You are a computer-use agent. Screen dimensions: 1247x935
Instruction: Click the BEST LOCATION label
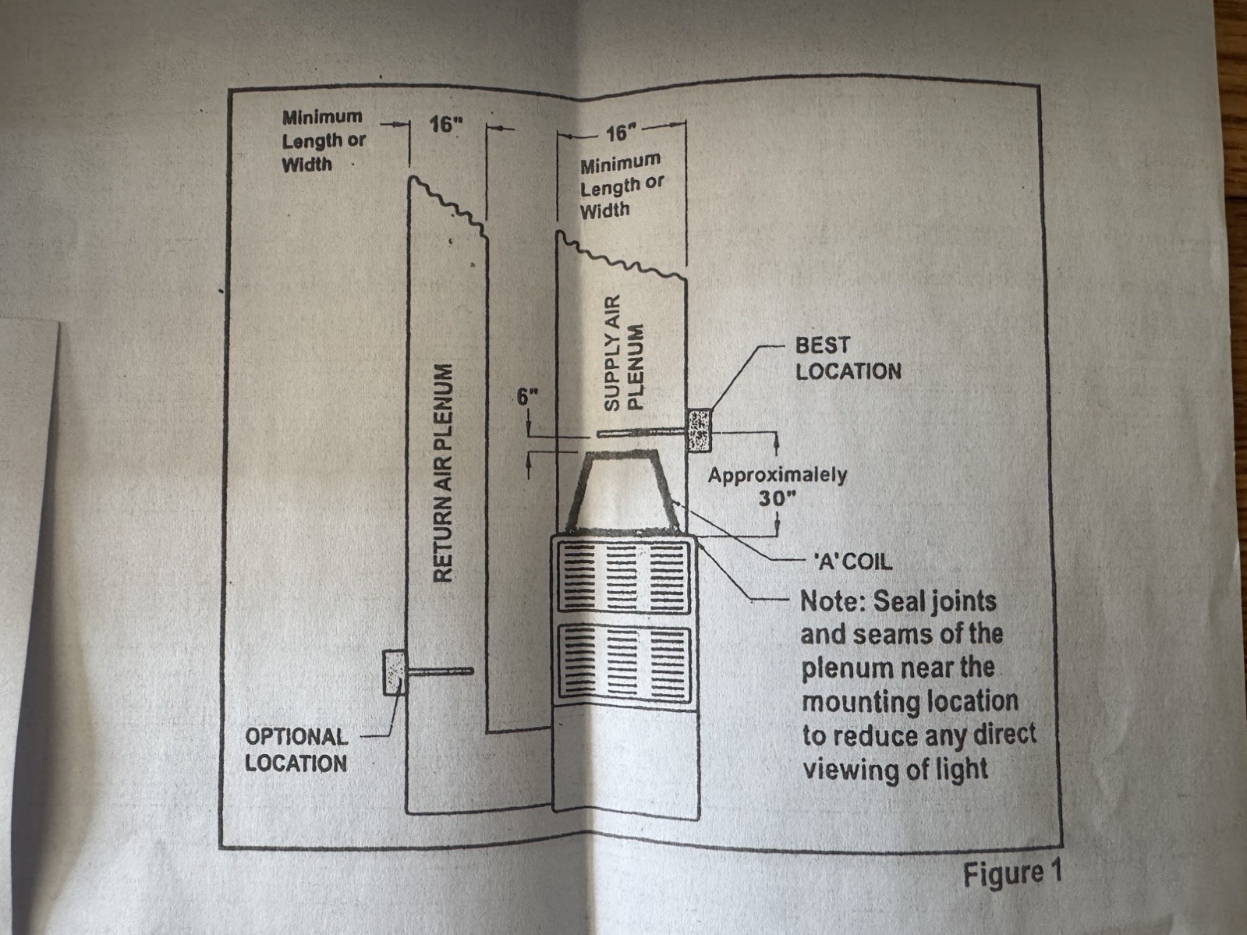pyautogui.click(x=848, y=359)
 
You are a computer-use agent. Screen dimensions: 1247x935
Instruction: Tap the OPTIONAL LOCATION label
pyautogui.click(x=296, y=749)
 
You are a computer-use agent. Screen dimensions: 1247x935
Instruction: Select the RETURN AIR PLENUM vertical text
pyautogui.click(x=443, y=473)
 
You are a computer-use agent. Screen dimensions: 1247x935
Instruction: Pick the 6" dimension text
pyautogui.click(x=527, y=397)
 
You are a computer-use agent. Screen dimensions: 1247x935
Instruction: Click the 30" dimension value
pyautogui.click(x=778, y=498)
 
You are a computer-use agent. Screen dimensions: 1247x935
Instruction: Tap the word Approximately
pyautogui.click(x=778, y=475)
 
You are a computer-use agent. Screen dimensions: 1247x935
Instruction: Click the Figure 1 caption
pyautogui.click(x=1011, y=873)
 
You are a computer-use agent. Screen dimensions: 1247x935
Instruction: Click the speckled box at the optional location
pyautogui.click(x=395, y=673)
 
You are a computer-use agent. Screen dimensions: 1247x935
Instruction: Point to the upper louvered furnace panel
pyautogui.click(x=623, y=576)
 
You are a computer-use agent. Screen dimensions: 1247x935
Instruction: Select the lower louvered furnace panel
pyautogui.click(x=624, y=662)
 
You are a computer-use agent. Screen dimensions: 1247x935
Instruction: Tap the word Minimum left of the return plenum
pyautogui.click(x=322, y=117)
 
